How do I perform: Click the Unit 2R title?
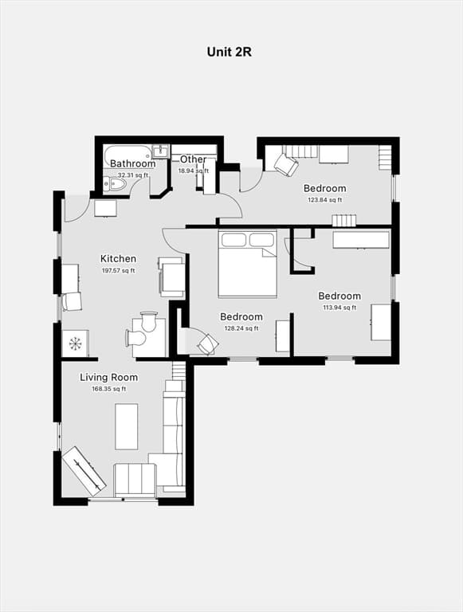pos(230,52)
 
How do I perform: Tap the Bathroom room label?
pos(133,163)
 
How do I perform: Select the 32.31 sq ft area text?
pos(133,175)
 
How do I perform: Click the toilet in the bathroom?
pos(115,184)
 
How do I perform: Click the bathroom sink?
pos(160,151)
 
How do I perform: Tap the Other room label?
pos(193,159)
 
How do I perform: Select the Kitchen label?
pos(118,258)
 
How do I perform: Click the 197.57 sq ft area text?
pos(118,270)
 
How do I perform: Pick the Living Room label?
pos(109,378)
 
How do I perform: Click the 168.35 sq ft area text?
pos(109,389)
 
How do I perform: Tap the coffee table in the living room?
pos(127,426)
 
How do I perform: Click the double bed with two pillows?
pos(248,264)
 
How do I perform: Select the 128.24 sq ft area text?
pos(241,328)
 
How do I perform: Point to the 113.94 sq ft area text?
pos(339,308)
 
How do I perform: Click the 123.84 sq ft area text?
pos(325,200)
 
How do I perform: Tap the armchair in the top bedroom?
pos(287,164)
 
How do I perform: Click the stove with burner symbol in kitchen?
pos(76,343)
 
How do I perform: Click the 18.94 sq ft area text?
pos(194,171)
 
